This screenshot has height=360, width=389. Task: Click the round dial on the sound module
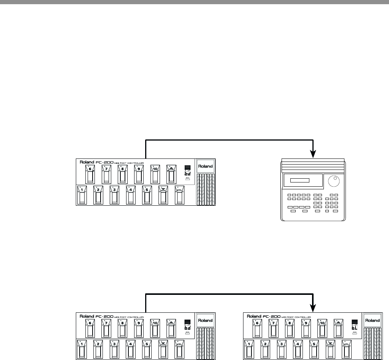(x=334, y=181)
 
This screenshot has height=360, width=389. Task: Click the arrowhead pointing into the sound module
(x=313, y=154)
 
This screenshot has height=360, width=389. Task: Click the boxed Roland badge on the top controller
(x=205, y=166)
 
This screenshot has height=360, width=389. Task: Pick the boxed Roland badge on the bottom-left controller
(x=205, y=320)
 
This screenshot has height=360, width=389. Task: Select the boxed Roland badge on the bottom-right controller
(x=372, y=320)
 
